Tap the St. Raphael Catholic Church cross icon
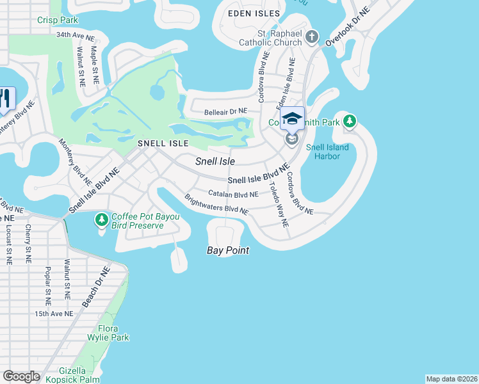(312, 36)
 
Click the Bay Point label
(227, 250)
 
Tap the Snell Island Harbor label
(327, 152)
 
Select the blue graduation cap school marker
(292, 120)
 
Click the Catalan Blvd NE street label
(233, 193)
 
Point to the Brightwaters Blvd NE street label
(216, 205)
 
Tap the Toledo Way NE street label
(279, 205)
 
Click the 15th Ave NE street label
(54, 314)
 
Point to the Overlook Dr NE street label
(348, 27)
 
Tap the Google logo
(21, 376)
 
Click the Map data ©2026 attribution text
(451, 379)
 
